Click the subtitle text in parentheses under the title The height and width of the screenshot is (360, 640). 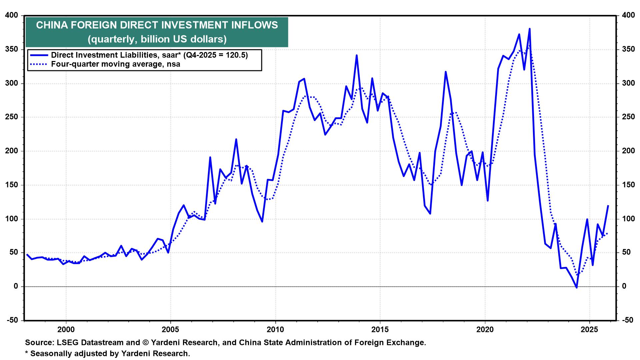[157, 39]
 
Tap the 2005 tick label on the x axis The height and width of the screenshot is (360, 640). [170, 330]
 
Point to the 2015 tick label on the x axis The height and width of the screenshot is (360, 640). [380, 330]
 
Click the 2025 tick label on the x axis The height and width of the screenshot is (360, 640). [589, 330]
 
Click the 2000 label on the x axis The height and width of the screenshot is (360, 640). [66, 330]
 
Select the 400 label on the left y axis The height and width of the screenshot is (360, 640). [12, 15]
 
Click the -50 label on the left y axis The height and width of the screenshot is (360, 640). [12, 320]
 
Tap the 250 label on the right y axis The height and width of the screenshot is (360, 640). [626, 117]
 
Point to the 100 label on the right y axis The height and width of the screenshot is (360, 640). [626, 219]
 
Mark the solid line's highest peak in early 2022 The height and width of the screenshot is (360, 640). [529, 29]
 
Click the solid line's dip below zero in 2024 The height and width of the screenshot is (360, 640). [576, 287]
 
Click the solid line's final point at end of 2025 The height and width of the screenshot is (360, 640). [608, 206]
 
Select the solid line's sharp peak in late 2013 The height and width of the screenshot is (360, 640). [357, 55]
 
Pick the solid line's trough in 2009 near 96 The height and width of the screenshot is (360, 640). [262, 222]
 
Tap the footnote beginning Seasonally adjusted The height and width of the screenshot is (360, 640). [110, 353]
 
